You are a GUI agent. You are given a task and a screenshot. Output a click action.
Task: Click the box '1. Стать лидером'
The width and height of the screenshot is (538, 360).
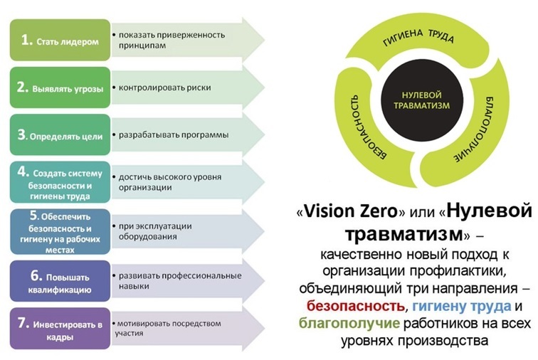pos(60,40)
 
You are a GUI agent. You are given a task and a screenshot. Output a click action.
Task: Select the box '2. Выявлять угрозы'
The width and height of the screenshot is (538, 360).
pos(60,88)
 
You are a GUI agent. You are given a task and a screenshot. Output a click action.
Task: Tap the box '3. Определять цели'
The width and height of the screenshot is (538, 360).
pos(60,135)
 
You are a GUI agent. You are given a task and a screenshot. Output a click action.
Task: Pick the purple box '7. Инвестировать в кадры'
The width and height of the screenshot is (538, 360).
pos(60,329)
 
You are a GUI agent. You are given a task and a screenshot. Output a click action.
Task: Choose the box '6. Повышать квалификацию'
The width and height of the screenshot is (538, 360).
pos(60,281)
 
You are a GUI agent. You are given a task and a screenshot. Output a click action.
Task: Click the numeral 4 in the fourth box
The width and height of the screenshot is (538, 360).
pos(23,171)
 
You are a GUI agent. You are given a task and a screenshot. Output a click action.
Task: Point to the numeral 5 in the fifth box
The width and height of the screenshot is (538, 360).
pos(34,215)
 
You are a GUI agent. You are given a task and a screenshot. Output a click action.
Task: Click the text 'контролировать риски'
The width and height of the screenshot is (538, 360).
pos(164,88)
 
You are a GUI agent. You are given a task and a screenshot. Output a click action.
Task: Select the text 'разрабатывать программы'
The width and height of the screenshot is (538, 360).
pos(174,135)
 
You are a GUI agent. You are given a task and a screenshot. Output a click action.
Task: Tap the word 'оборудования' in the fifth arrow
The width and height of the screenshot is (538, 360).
pos(147,236)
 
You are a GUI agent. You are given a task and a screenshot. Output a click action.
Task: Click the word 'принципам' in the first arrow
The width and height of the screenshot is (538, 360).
pos(142,46)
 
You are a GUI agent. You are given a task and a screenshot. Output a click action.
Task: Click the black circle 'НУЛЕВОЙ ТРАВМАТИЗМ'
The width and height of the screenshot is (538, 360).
pos(422,100)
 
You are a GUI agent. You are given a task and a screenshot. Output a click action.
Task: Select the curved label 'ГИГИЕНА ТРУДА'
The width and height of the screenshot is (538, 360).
pos(418,37)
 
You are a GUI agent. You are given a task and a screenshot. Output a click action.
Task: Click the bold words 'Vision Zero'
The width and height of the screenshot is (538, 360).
pos(351,211)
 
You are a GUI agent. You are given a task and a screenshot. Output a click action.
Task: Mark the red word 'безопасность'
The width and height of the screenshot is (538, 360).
pos(356,305)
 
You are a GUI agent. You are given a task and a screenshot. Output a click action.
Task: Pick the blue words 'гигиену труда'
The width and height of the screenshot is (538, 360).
pos(461,306)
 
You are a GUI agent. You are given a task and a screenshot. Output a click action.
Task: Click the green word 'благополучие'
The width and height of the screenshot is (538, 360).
pos(349,323)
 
